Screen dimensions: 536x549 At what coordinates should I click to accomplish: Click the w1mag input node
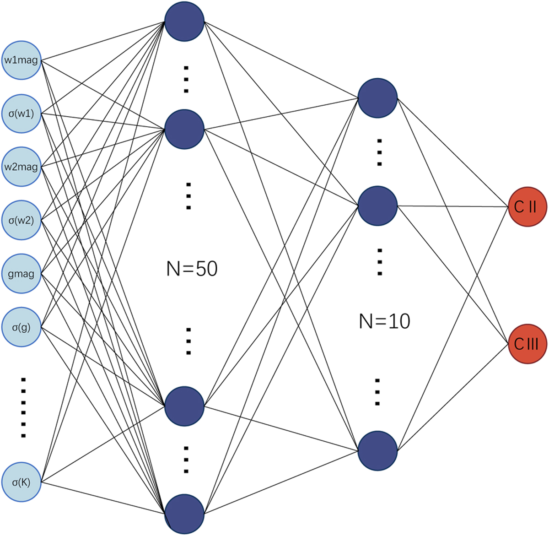point(22,60)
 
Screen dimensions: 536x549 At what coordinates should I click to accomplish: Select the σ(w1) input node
point(22,114)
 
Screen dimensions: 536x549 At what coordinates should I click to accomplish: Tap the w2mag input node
point(22,167)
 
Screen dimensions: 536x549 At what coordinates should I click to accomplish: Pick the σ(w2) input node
point(22,220)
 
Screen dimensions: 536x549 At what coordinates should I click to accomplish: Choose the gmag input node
point(22,274)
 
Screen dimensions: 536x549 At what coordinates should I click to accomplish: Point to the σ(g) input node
point(22,327)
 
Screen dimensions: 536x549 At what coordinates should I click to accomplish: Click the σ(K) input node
point(22,482)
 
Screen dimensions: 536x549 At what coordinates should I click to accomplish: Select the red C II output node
point(527,207)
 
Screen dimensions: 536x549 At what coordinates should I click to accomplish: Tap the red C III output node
point(527,344)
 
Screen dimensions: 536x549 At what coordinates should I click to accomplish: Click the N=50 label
point(192,269)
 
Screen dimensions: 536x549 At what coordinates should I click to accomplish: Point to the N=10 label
point(384,321)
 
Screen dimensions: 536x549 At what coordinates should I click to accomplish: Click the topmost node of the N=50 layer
point(184,21)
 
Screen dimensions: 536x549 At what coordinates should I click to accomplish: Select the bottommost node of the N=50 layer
point(184,514)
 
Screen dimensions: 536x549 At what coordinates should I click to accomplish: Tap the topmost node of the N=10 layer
point(377,97)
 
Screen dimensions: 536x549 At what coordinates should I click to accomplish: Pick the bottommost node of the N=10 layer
point(377,450)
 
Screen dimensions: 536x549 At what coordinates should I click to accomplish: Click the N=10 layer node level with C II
point(377,206)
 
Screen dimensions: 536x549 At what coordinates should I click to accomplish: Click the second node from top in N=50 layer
point(184,129)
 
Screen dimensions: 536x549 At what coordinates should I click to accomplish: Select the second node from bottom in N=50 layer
point(184,406)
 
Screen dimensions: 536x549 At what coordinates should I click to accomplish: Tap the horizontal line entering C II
point(453,206)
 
